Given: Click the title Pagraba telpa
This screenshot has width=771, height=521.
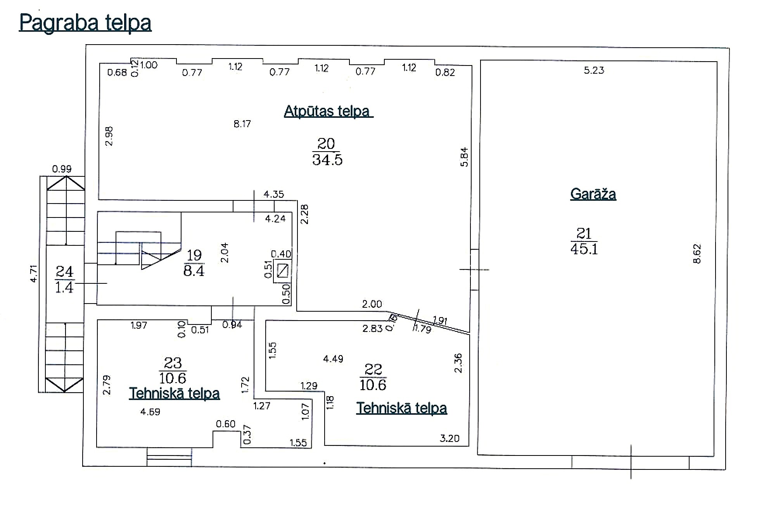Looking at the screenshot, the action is click(85, 22).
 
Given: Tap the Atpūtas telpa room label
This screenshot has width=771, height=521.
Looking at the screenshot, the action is click(328, 111).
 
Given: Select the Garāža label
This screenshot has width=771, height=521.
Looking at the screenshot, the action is click(593, 194).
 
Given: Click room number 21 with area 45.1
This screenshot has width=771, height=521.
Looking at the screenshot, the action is click(584, 241).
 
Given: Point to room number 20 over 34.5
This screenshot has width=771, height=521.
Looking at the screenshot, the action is click(327, 152).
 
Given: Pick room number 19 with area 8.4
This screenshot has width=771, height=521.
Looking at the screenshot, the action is click(194, 263).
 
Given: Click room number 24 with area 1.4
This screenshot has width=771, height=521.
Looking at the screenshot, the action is click(64, 279).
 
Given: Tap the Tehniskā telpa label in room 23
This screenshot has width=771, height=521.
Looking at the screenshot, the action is click(174, 393).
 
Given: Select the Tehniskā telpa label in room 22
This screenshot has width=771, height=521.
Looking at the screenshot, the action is click(401, 408).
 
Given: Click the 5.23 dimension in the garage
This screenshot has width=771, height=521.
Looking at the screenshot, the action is click(594, 70).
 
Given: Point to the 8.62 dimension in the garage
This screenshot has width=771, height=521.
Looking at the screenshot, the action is click(697, 254).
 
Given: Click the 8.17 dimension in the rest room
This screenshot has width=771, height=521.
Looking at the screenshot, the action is click(242, 124).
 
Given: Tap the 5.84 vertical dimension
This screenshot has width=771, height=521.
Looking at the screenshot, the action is click(464, 157).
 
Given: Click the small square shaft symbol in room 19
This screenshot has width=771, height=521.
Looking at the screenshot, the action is click(282, 271).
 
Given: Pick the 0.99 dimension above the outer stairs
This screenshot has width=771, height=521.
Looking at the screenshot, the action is click(62, 169).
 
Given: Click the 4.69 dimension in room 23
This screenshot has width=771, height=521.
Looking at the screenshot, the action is click(150, 412).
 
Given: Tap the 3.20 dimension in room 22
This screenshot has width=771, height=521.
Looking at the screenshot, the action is click(449, 438).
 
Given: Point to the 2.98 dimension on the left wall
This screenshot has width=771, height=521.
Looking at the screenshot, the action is click(109, 136).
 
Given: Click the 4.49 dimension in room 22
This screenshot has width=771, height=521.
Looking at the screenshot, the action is click(333, 359).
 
